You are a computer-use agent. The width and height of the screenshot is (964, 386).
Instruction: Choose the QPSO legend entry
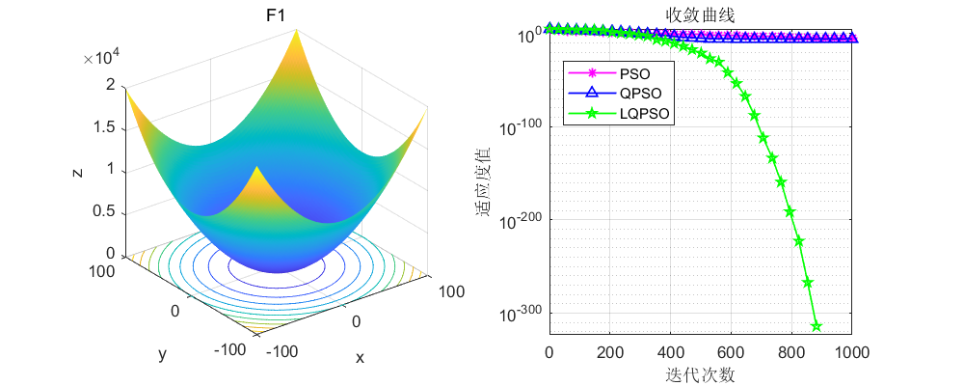click(640, 94)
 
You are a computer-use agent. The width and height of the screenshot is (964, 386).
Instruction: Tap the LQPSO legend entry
click(645, 114)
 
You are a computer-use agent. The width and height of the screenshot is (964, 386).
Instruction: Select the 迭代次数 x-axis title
click(700, 372)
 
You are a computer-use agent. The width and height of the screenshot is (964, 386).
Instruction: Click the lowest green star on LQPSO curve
click(816, 326)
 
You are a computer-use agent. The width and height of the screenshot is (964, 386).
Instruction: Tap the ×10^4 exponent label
click(101, 58)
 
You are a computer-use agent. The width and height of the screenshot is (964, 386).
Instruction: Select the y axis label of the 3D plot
click(162, 354)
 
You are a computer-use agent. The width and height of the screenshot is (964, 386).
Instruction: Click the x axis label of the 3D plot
click(360, 357)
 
